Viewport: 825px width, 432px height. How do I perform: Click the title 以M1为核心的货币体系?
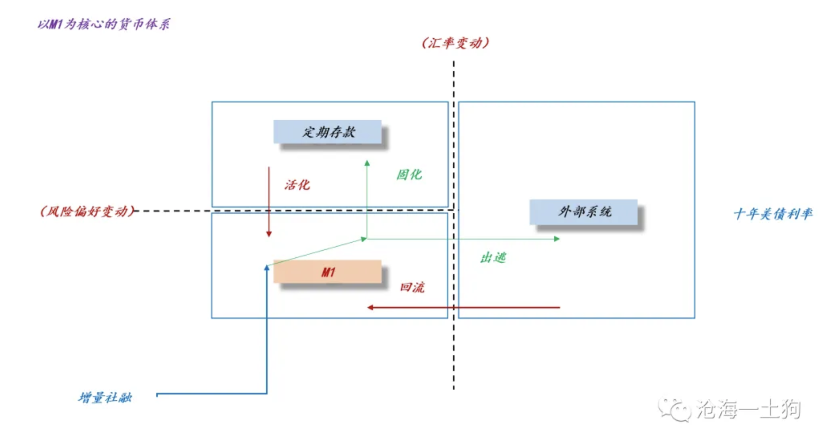point(104,24)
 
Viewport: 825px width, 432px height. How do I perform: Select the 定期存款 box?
point(327,132)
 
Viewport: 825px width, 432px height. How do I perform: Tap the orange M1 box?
point(327,272)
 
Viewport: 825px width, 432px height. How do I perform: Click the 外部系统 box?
point(583,212)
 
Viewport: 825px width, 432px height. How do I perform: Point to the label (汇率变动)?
point(455,43)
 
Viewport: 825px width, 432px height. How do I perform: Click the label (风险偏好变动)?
point(88,211)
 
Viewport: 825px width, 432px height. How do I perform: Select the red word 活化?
point(297,185)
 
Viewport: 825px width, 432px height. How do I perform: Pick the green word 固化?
point(409,175)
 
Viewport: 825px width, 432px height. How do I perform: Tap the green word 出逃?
point(493,258)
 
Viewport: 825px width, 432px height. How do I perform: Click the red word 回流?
point(412,287)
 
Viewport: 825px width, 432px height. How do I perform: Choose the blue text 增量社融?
point(105,397)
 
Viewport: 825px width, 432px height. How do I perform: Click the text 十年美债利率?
point(773,213)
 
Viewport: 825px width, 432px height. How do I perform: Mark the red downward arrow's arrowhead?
point(269,234)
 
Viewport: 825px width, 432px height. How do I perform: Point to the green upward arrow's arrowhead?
point(367,163)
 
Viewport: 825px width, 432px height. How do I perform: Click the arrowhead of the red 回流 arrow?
point(370,307)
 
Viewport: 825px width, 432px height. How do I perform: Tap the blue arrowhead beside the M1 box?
point(267,268)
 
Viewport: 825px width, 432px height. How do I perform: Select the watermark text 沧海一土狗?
point(748,409)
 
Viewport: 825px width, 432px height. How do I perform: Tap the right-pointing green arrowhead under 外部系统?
point(557,239)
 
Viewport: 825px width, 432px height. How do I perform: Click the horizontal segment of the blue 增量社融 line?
point(212,394)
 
